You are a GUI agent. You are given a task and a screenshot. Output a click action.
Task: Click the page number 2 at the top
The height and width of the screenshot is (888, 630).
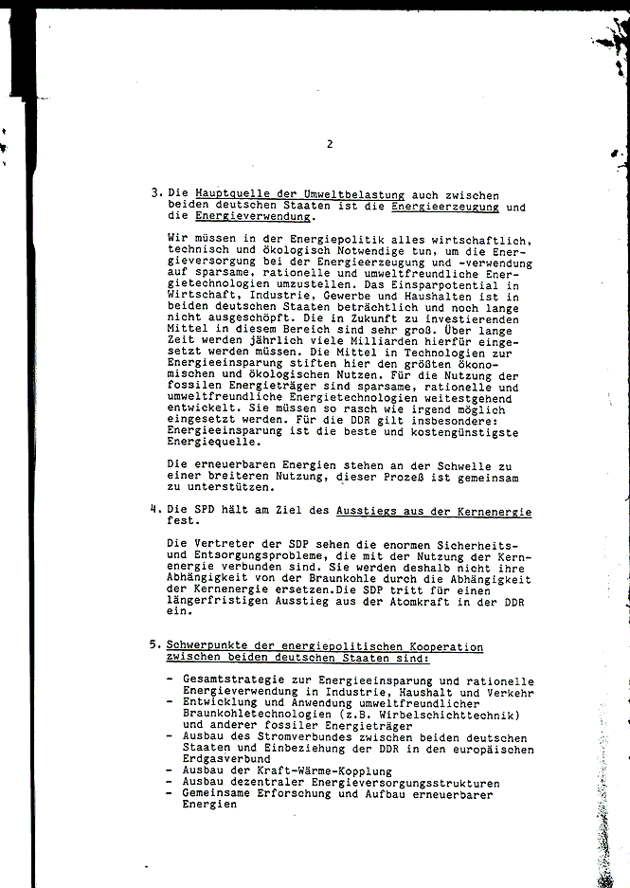[329, 144]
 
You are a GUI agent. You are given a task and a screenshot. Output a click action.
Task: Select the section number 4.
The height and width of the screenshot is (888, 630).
[154, 510]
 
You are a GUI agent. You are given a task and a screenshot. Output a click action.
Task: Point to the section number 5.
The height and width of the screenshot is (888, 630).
[154, 646]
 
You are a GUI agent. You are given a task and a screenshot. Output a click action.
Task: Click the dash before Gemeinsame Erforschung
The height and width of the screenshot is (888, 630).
[168, 793]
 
